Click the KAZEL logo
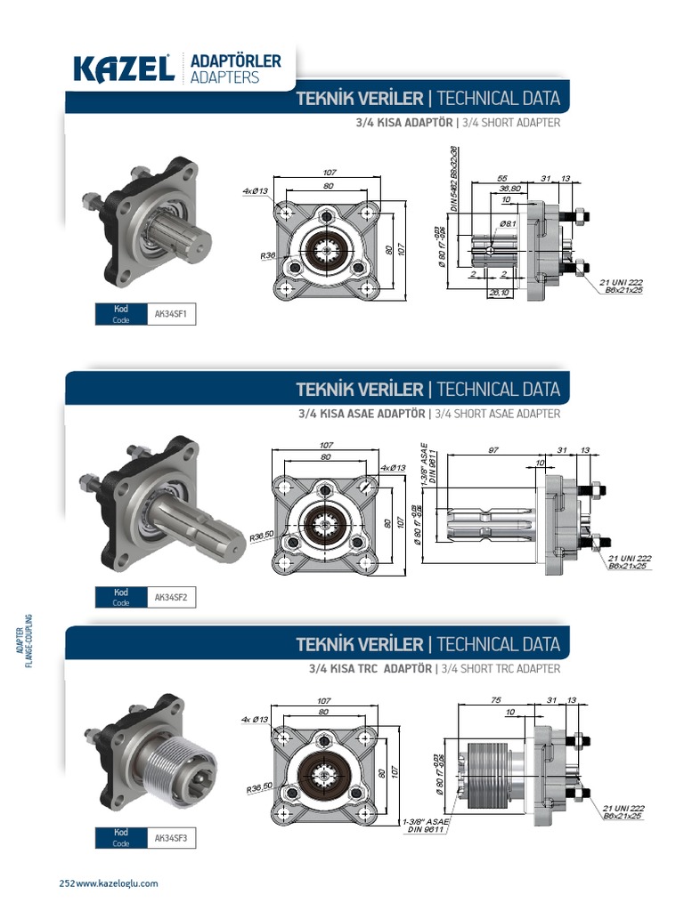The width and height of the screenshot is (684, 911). click(x=123, y=69)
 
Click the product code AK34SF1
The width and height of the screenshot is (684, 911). click(x=170, y=314)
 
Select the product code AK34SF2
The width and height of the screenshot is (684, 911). click(x=170, y=597)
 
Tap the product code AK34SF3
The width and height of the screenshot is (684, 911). click(x=170, y=837)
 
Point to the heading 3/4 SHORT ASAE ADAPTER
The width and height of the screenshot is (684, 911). click(x=498, y=414)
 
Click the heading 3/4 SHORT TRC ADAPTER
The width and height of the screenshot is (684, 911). click(x=501, y=668)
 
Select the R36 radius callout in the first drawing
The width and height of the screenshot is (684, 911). click(x=268, y=255)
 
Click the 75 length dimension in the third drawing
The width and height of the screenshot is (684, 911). click(x=496, y=699)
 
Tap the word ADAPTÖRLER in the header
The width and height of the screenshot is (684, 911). click(x=235, y=60)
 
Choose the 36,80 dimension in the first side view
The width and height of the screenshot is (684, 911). click(x=509, y=189)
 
